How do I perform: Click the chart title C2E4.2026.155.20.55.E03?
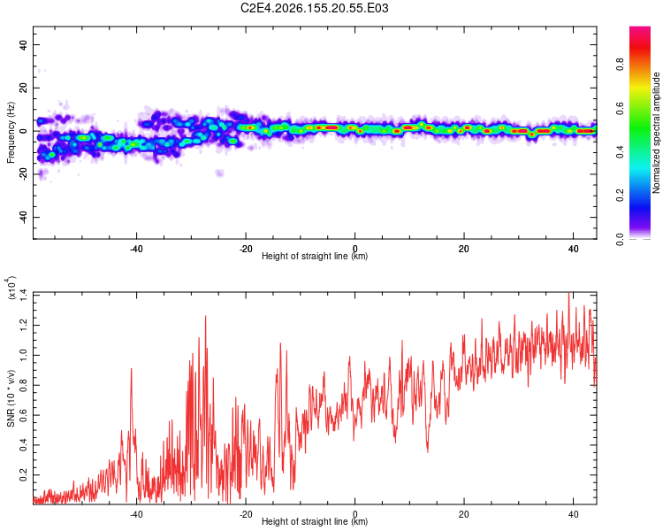pyautogui.click(x=314, y=8)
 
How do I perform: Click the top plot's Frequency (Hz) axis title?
pyautogui.click(x=11, y=133)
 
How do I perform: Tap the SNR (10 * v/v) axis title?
pyautogui.click(x=11, y=398)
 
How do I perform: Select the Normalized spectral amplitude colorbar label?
pyautogui.click(x=656, y=133)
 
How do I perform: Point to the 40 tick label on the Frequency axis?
pyautogui.click(x=23, y=44)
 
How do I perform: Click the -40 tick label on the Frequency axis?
pyautogui.click(x=23, y=217)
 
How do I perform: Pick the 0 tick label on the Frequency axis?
pyautogui.click(x=23, y=131)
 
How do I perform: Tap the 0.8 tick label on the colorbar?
pyautogui.click(x=620, y=64)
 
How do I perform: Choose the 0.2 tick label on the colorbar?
pyautogui.click(x=620, y=195)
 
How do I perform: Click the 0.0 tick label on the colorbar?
pyautogui.click(x=620, y=238)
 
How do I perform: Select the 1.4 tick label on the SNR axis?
pyautogui.click(x=23, y=295)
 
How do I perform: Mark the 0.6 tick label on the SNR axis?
pyautogui.click(x=23, y=415)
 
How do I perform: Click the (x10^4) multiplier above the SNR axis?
pyautogui.click(x=10, y=288)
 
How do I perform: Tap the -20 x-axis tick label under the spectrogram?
pyautogui.click(x=246, y=249)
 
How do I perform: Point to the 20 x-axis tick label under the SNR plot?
pyautogui.click(x=464, y=514)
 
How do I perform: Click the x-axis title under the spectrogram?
pyautogui.click(x=315, y=256)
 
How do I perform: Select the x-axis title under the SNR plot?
pyautogui.click(x=315, y=521)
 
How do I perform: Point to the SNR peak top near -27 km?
pyautogui.click(x=206, y=316)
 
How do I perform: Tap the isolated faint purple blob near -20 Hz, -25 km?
pyautogui.click(x=219, y=173)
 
